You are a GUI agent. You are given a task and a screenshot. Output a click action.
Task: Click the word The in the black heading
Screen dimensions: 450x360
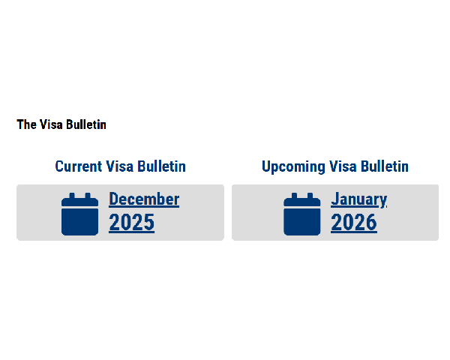coord(27,124)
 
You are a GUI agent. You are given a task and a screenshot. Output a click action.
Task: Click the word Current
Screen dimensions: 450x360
coord(78,166)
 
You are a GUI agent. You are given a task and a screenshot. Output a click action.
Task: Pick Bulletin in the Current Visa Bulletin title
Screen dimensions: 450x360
coord(161,166)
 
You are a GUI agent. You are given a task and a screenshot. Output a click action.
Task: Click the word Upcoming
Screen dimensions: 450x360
coord(293,167)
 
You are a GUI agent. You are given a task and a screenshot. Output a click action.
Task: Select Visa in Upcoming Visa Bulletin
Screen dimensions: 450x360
coord(343,166)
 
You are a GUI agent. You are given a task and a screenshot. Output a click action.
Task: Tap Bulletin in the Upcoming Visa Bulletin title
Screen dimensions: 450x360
coord(385,166)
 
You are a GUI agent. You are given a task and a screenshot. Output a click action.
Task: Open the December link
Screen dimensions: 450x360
coord(144,199)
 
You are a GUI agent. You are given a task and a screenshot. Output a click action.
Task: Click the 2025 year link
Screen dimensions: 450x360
coord(132,223)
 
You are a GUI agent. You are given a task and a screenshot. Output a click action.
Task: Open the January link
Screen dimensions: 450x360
coord(359,199)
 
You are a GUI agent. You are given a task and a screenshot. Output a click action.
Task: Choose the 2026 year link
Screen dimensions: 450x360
coord(354,223)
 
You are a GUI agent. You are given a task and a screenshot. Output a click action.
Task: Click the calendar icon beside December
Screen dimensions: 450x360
coord(79,214)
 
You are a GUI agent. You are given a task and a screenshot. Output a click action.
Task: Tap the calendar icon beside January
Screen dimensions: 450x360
coord(302,214)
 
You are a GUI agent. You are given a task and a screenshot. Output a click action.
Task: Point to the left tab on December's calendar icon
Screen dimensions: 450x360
coord(72,196)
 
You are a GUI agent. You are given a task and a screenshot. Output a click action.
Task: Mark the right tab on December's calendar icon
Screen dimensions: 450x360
coord(88,196)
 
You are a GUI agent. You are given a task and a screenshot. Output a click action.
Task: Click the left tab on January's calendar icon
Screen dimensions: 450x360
coord(294,196)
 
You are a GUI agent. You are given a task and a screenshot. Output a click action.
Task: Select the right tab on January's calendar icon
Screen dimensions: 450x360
coord(310,196)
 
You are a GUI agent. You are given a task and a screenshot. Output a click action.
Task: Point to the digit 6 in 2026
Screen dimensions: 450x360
coord(371,223)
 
